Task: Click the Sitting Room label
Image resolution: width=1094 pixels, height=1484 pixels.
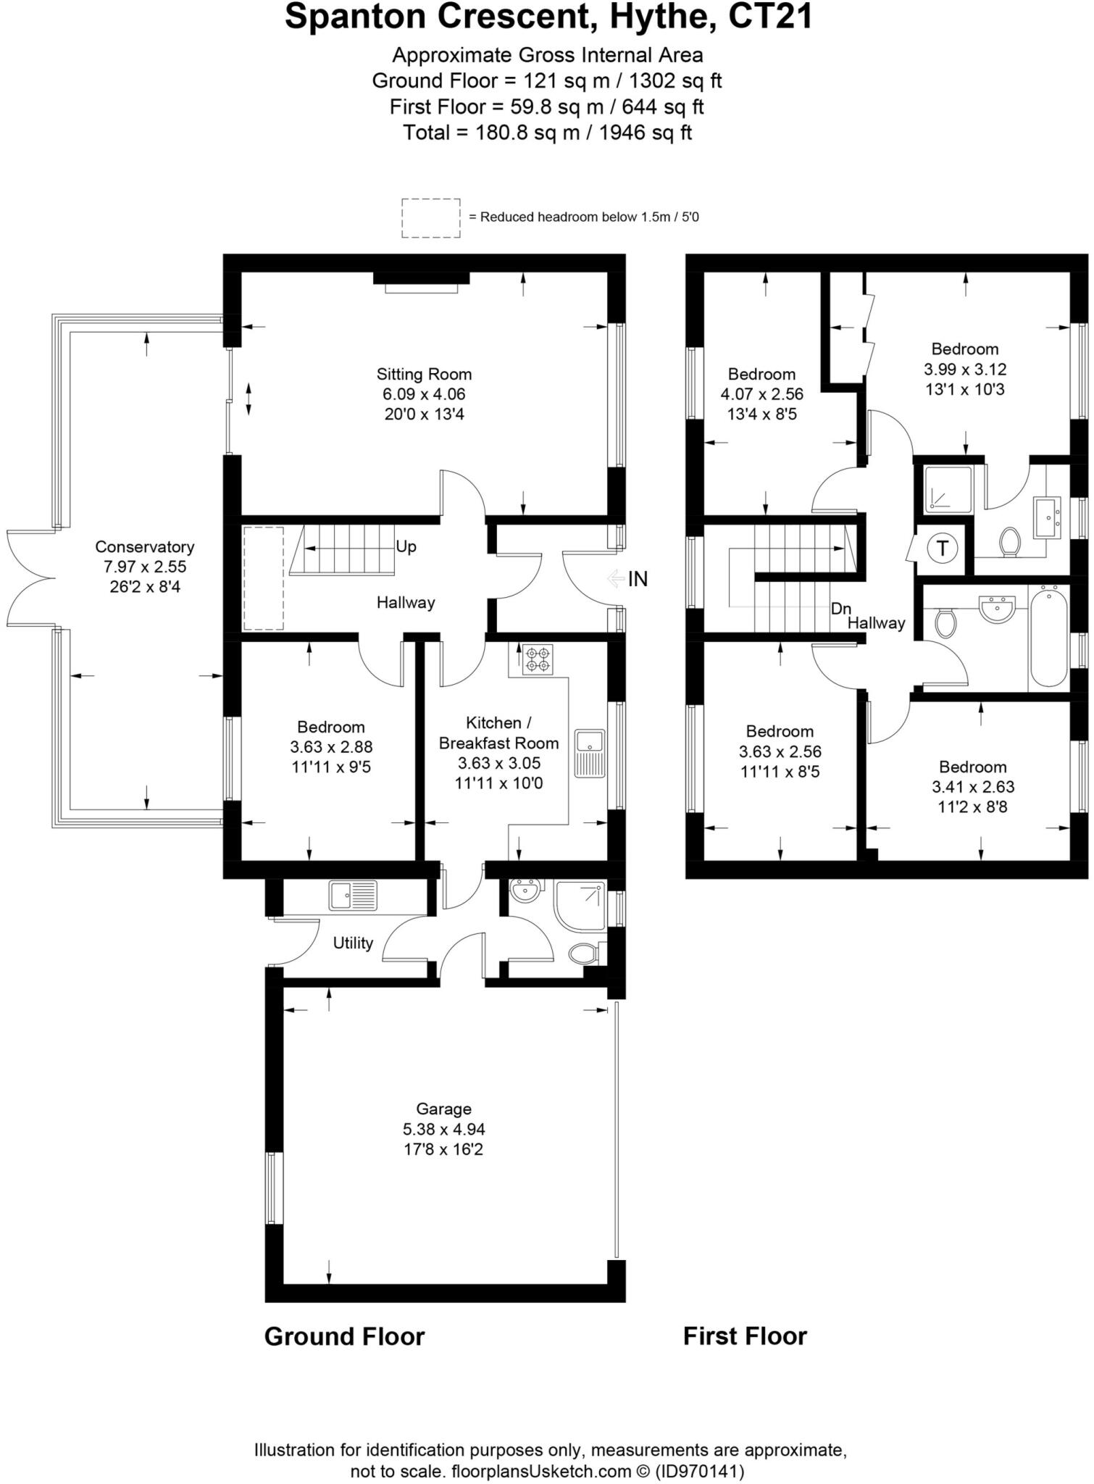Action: [424, 375]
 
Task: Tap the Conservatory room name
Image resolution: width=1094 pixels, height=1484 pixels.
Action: [145, 547]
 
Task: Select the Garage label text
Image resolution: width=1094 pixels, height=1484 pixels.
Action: [443, 1109]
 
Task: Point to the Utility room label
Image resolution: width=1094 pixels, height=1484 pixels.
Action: [353, 943]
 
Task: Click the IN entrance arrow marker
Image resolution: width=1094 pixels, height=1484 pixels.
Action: [627, 579]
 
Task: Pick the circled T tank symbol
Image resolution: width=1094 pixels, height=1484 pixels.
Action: [943, 548]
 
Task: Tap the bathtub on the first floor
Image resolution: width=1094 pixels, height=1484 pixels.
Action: [1048, 638]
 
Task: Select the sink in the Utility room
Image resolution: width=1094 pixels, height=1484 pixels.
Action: [353, 896]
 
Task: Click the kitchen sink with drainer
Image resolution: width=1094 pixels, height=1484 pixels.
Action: [590, 753]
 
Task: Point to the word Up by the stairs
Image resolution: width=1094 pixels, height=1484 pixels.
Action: [406, 546]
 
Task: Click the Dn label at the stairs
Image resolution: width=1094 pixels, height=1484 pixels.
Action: [840, 609]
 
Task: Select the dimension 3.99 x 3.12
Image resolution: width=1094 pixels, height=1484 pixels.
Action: [965, 370]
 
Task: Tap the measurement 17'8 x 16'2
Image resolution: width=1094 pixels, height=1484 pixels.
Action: [443, 1149]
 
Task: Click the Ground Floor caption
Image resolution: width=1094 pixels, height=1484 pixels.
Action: [344, 1336]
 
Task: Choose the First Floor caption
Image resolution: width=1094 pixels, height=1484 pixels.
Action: [745, 1336]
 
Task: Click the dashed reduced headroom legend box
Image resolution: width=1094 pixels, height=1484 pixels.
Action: [431, 217]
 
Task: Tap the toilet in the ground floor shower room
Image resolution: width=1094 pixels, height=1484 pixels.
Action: [584, 954]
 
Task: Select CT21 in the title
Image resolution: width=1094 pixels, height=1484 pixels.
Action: [770, 17]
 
